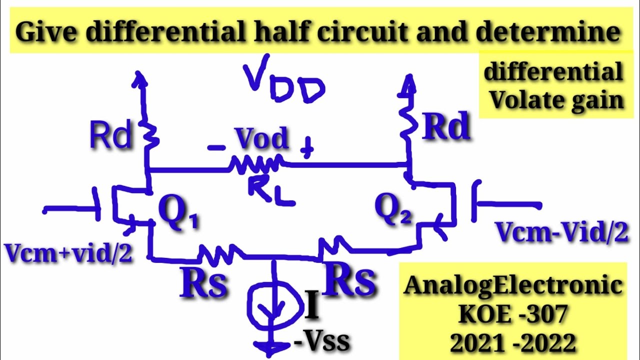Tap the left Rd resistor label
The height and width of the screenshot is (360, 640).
pyautogui.click(x=110, y=135)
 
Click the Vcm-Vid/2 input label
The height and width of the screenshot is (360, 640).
pyautogui.click(x=561, y=232)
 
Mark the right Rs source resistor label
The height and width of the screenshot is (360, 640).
pyautogui.click(x=349, y=280)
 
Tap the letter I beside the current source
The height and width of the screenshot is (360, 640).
pyautogui.click(x=311, y=307)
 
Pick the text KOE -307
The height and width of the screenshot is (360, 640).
pyautogui.click(x=513, y=314)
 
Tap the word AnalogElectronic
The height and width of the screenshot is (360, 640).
pyautogui.click(x=513, y=285)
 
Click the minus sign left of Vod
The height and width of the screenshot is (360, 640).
pyautogui.click(x=216, y=147)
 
